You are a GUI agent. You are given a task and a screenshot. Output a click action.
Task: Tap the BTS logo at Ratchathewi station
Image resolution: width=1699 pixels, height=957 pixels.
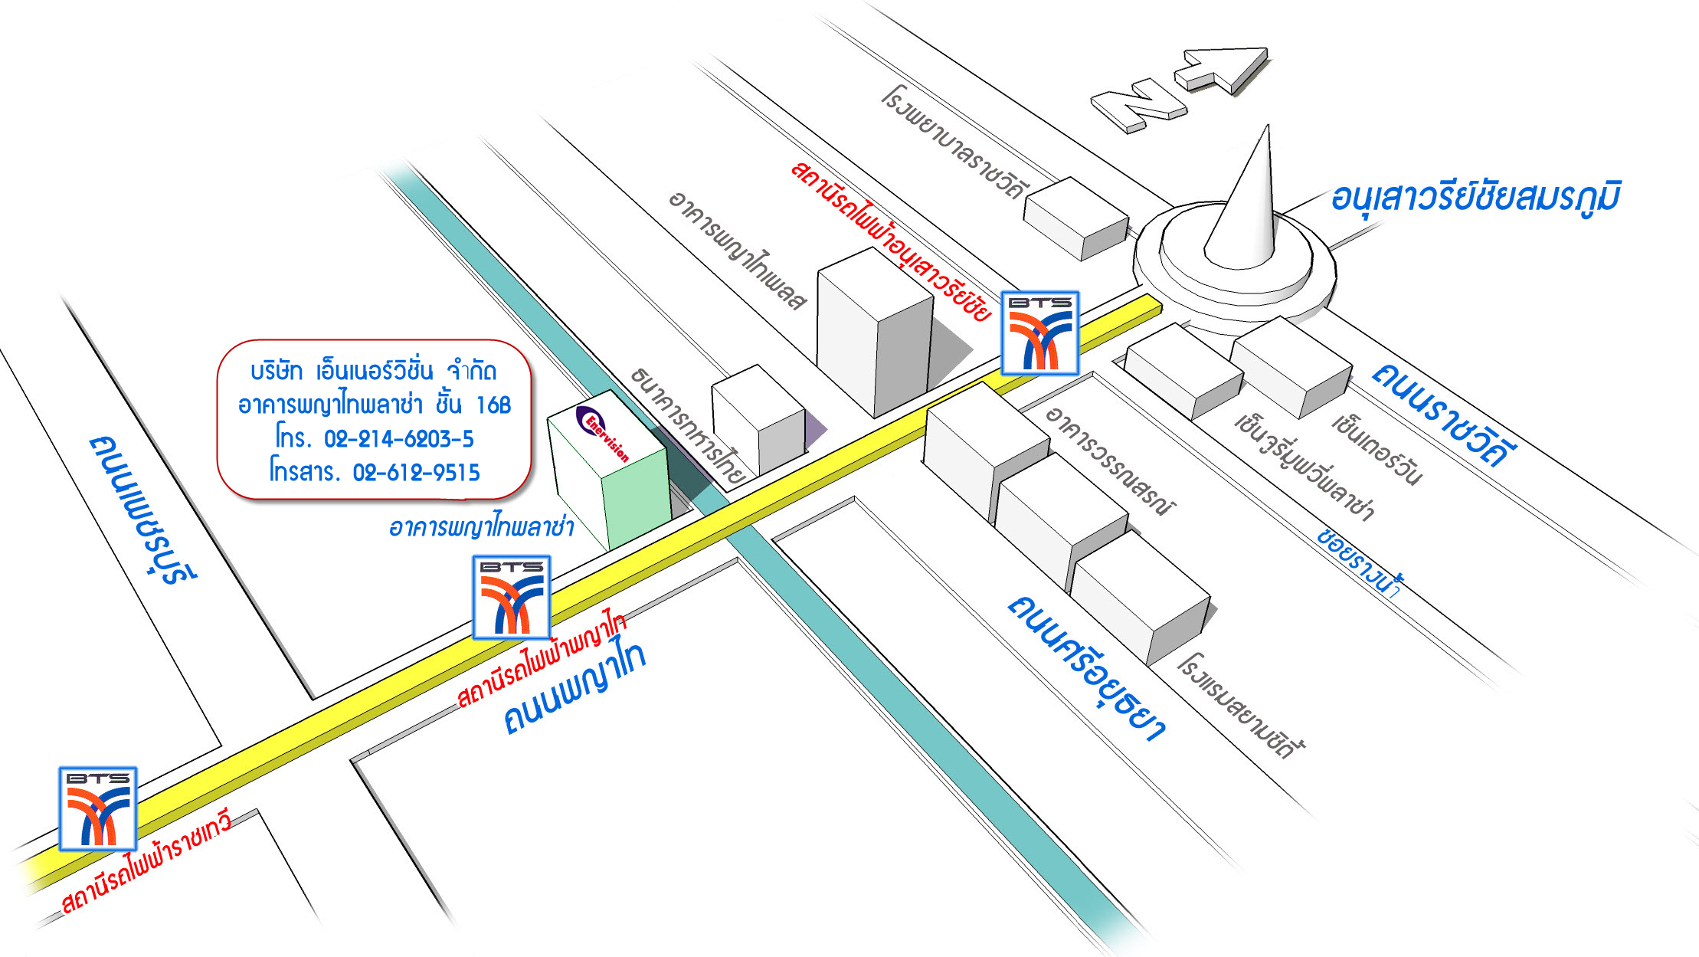point(98,808)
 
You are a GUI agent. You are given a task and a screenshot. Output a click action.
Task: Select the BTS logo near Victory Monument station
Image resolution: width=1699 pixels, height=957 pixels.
point(1040,333)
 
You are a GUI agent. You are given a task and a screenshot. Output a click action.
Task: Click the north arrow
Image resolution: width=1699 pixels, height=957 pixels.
point(1222,69)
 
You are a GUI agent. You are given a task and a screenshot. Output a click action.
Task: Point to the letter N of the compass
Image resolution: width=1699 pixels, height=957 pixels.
point(1139,107)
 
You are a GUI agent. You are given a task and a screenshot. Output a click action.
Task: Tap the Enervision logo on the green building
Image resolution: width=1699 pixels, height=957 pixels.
point(602,433)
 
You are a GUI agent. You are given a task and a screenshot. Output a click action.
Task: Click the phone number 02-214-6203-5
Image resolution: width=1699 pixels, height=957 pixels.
point(399,438)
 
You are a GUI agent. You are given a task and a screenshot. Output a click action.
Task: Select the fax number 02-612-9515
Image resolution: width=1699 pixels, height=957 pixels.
point(416,472)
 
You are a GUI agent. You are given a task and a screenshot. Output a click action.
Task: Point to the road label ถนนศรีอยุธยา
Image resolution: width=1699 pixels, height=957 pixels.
point(1086,667)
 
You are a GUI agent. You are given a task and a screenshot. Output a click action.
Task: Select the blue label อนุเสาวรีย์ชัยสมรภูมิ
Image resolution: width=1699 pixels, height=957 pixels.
point(1475,197)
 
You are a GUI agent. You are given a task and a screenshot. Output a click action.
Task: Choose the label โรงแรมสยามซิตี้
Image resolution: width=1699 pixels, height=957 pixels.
point(1241,706)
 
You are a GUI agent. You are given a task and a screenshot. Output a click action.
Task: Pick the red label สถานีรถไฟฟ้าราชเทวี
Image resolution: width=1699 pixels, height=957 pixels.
point(146,863)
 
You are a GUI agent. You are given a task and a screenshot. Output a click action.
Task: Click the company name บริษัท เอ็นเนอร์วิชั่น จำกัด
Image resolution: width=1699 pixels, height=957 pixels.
point(374,372)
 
